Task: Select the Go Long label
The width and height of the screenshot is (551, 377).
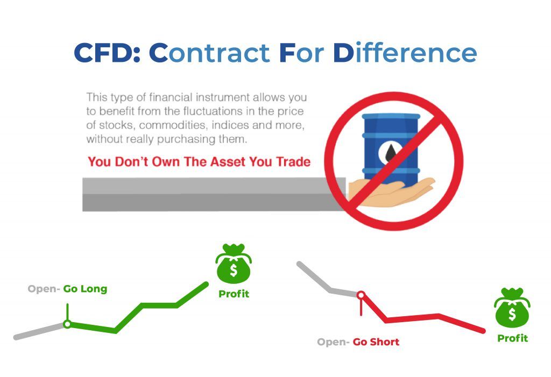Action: (x=85, y=289)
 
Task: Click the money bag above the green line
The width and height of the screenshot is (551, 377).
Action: (x=234, y=265)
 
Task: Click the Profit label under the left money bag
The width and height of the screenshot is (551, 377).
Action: (x=234, y=294)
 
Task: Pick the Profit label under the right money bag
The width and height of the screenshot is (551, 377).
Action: (x=512, y=338)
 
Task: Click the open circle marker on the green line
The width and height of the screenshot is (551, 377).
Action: (x=67, y=324)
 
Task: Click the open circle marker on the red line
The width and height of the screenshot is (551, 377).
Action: (x=361, y=295)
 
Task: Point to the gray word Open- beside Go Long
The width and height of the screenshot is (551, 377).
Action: (x=44, y=289)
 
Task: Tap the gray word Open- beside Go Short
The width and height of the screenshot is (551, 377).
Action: (x=333, y=342)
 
